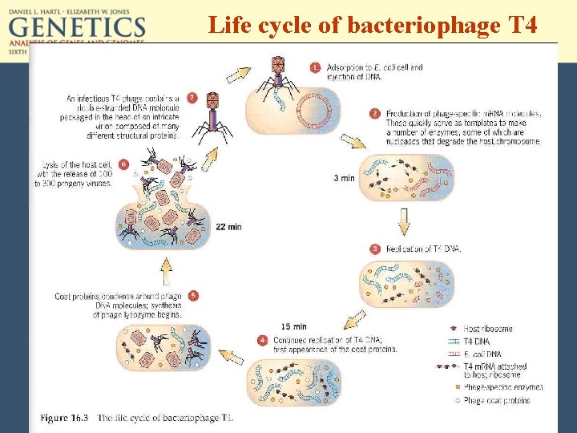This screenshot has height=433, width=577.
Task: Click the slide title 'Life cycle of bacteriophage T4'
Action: point(372,26)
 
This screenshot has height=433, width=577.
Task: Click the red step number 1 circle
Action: point(315,67)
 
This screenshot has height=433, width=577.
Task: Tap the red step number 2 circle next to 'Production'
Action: point(374,114)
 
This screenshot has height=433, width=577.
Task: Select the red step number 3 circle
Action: point(374,249)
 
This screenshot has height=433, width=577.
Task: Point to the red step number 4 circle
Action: point(261,340)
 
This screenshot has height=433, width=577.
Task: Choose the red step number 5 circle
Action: point(193,296)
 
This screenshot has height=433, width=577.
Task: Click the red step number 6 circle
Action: point(123,164)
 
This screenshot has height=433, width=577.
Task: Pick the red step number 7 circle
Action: point(192,98)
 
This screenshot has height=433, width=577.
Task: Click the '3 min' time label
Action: point(344,178)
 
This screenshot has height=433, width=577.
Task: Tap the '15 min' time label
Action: point(294,326)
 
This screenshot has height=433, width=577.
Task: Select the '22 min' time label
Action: point(228,227)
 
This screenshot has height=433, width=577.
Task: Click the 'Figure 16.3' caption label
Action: point(66,419)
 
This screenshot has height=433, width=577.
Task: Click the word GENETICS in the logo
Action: point(77,29)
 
